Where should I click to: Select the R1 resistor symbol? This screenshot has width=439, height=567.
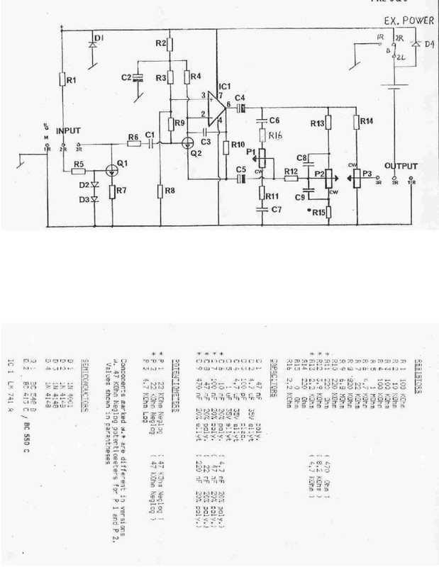(62, 79)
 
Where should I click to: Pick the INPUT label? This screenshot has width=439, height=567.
(77, 131)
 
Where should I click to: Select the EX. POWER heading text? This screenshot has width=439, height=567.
(407, 23)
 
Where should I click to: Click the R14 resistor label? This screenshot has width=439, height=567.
(367, 121)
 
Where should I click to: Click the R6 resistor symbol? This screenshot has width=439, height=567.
(132, 144)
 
